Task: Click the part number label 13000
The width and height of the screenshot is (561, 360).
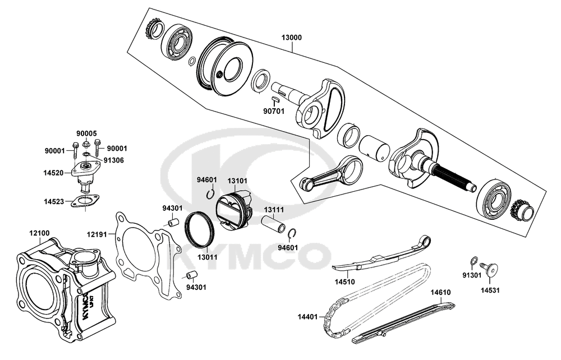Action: tap(292, 38)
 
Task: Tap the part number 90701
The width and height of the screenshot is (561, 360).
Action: tap(274, 110)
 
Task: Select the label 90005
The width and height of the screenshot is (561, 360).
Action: tap(87, 133)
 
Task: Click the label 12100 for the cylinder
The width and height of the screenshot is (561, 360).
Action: tap(39, 233)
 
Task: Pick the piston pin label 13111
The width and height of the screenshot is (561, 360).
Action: tap(274, 209)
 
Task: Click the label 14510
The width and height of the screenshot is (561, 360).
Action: tap(344, 281)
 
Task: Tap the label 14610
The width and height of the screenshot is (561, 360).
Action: tap(441, 292)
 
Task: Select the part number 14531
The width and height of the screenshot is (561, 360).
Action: tap(490, 290)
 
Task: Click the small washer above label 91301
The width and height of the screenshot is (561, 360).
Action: tap(473, 260)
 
